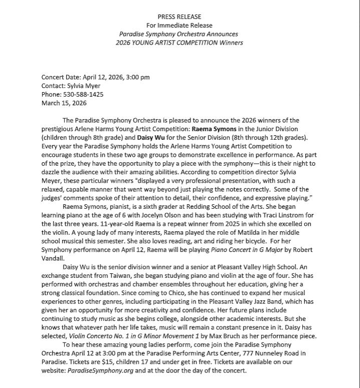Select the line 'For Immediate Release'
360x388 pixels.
tap(179, 26)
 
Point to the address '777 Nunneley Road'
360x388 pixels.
tap(260, 353)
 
